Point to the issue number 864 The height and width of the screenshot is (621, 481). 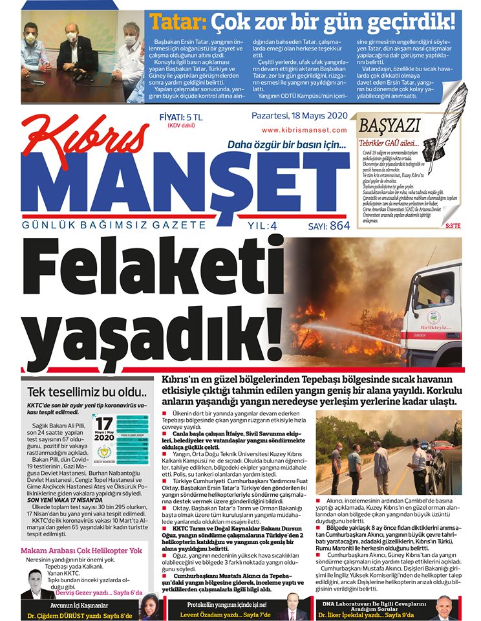[x=339, y=226]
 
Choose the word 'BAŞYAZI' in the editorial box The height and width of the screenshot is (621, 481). [x=390, y=125]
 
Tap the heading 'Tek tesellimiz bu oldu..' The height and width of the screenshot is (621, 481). [x=87, y=391]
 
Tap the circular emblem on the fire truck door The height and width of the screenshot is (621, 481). [x=434, y=317]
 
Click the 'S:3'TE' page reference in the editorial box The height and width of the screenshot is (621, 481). [x=453, y=225]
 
